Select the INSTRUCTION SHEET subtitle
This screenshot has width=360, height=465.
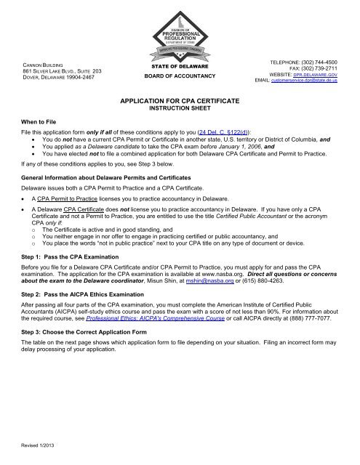179,113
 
